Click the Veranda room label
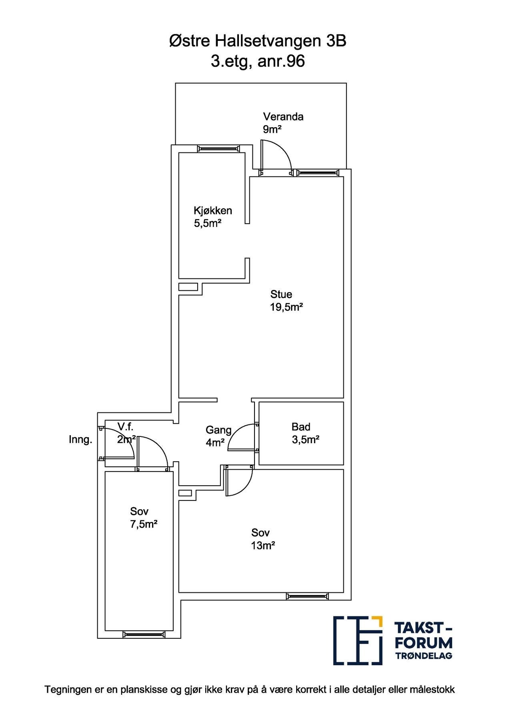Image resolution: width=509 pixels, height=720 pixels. tap(283, 117)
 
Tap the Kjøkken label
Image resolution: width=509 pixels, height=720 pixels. tap(212, 210)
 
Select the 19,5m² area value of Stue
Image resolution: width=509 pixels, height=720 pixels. tap(286, 307)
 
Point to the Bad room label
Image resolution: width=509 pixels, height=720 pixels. tap(301, 427)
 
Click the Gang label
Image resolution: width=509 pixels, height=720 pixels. tap(218, 430)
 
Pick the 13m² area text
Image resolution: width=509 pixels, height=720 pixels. tap(263, 546)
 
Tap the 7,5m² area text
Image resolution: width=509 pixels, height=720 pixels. tap(143, 524)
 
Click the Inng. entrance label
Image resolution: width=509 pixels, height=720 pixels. tap(80, 440)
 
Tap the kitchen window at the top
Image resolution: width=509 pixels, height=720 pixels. tap(218, 149)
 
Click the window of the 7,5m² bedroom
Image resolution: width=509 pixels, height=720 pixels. tap(144, 634)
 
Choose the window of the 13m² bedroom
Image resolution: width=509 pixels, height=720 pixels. tap(307, 596)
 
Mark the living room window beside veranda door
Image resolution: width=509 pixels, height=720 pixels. tap(317, 173)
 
